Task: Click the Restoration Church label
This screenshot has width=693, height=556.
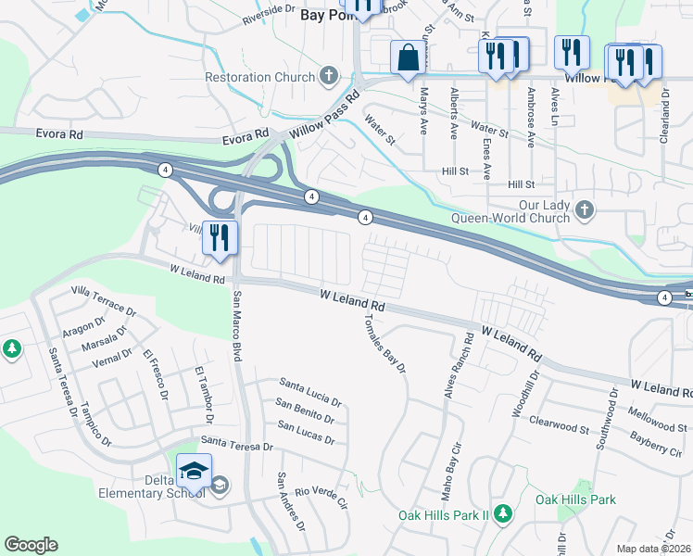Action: click(260, 78)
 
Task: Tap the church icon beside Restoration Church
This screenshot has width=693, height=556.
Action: click(327, 76)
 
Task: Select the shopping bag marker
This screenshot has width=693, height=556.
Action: click(407, 57)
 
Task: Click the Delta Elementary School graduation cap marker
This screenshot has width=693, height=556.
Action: click(194, 472)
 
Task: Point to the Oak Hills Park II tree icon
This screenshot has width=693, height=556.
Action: click(502, 513)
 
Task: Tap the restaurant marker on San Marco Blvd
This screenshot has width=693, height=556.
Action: click(220, 238)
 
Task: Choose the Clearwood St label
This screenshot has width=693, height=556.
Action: click(559, 425)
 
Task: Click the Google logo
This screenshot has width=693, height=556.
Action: click(31, 545)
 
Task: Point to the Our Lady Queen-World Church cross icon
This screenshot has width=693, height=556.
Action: click(584, 209)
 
